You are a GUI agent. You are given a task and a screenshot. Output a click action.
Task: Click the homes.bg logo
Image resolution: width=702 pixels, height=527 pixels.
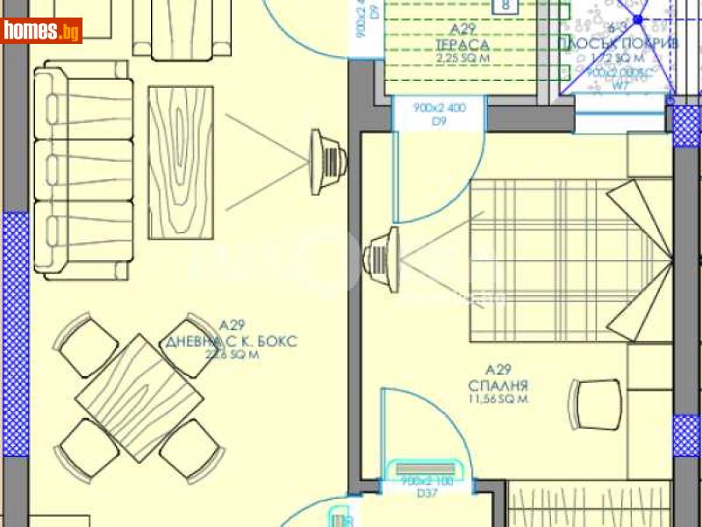pyautogui.click(x=42, y=31)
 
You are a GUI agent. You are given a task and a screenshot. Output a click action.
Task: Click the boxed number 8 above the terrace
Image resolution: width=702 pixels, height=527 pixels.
pyautogui.click(x=505, y=7)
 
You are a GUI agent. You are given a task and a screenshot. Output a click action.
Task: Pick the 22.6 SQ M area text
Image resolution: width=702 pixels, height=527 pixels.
pyautogui.click(x=230, y=355)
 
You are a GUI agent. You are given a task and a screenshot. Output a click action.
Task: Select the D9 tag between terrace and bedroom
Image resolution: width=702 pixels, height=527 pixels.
pyautogui.click(x=439, y=122)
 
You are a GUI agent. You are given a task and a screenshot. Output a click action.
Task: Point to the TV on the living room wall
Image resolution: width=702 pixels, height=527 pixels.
pyautogui.click(x=330, y=161)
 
